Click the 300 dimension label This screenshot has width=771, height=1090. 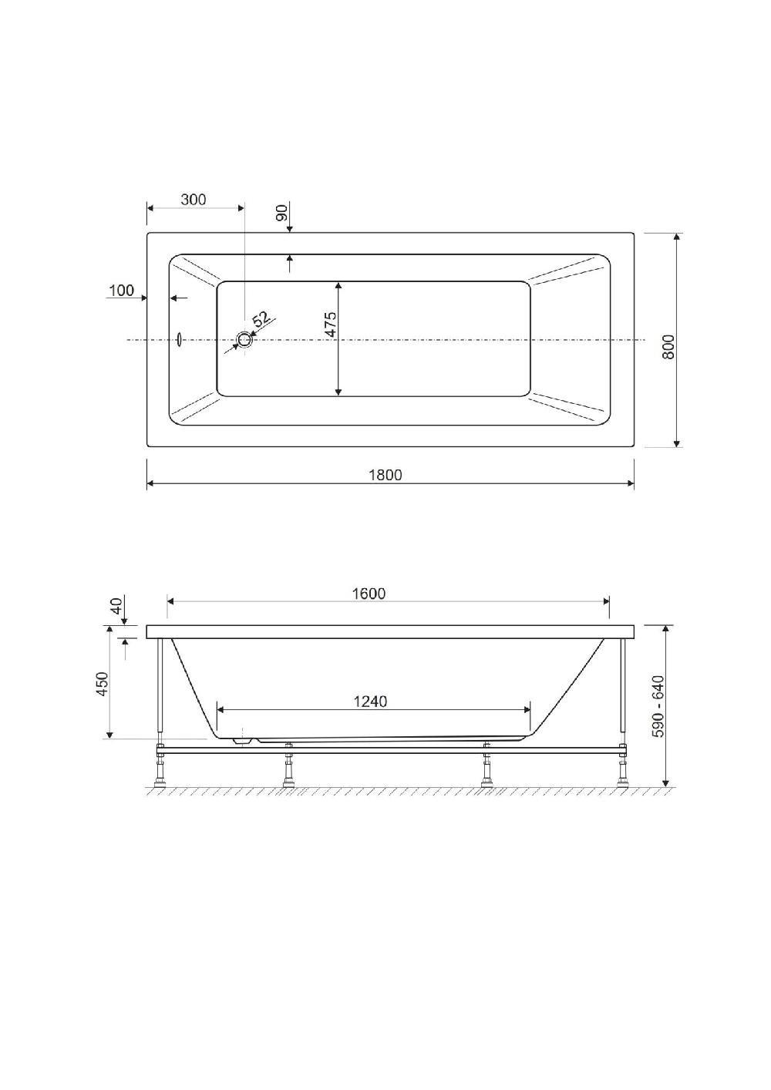tap(194, 200)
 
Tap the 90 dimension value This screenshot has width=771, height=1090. tap(282, 213)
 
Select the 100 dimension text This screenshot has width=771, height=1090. tap(121, 291)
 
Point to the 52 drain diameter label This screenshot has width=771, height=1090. tap(261, 318)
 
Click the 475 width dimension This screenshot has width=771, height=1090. tap(330, 324)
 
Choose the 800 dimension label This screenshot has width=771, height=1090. tap(669, 346)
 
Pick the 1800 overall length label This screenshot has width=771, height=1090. tap(385, 475)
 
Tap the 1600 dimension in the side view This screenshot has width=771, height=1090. tap(369, 594)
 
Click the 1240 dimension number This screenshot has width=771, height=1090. tap(370, 701)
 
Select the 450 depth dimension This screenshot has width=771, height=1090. tap(103, 684)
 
